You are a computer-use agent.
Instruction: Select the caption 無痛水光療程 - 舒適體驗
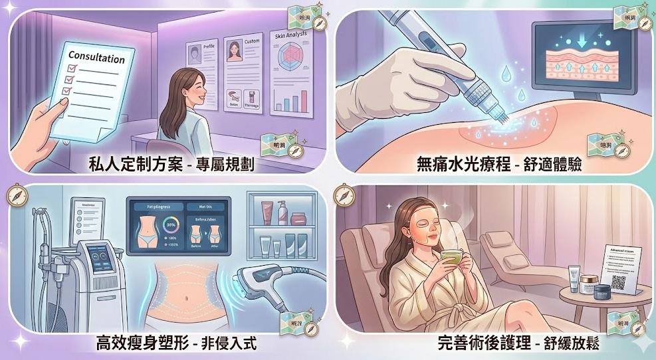coord(498,163)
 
